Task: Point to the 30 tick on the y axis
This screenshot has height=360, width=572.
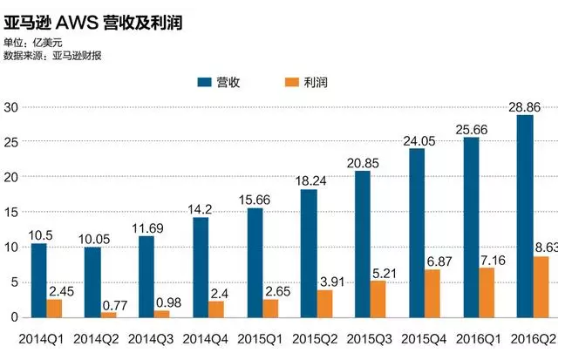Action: click(x=11, y=107)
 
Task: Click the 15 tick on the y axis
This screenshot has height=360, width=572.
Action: click(x=11, y=212)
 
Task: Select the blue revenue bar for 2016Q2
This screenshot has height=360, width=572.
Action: click(x=524, y=216)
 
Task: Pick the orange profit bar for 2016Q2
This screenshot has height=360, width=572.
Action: click(x=541, y=287)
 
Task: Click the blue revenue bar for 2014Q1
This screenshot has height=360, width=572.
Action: click(x=39, y=280)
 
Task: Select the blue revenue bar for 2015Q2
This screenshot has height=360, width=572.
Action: click(x=309, y=253)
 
